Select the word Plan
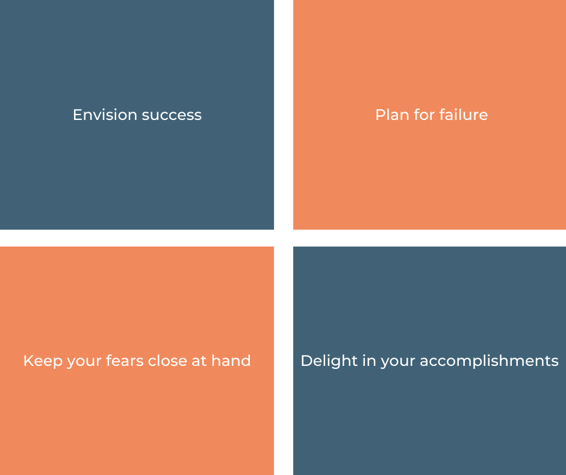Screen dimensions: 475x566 click(391, 115)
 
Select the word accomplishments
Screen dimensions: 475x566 click(489, 361)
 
